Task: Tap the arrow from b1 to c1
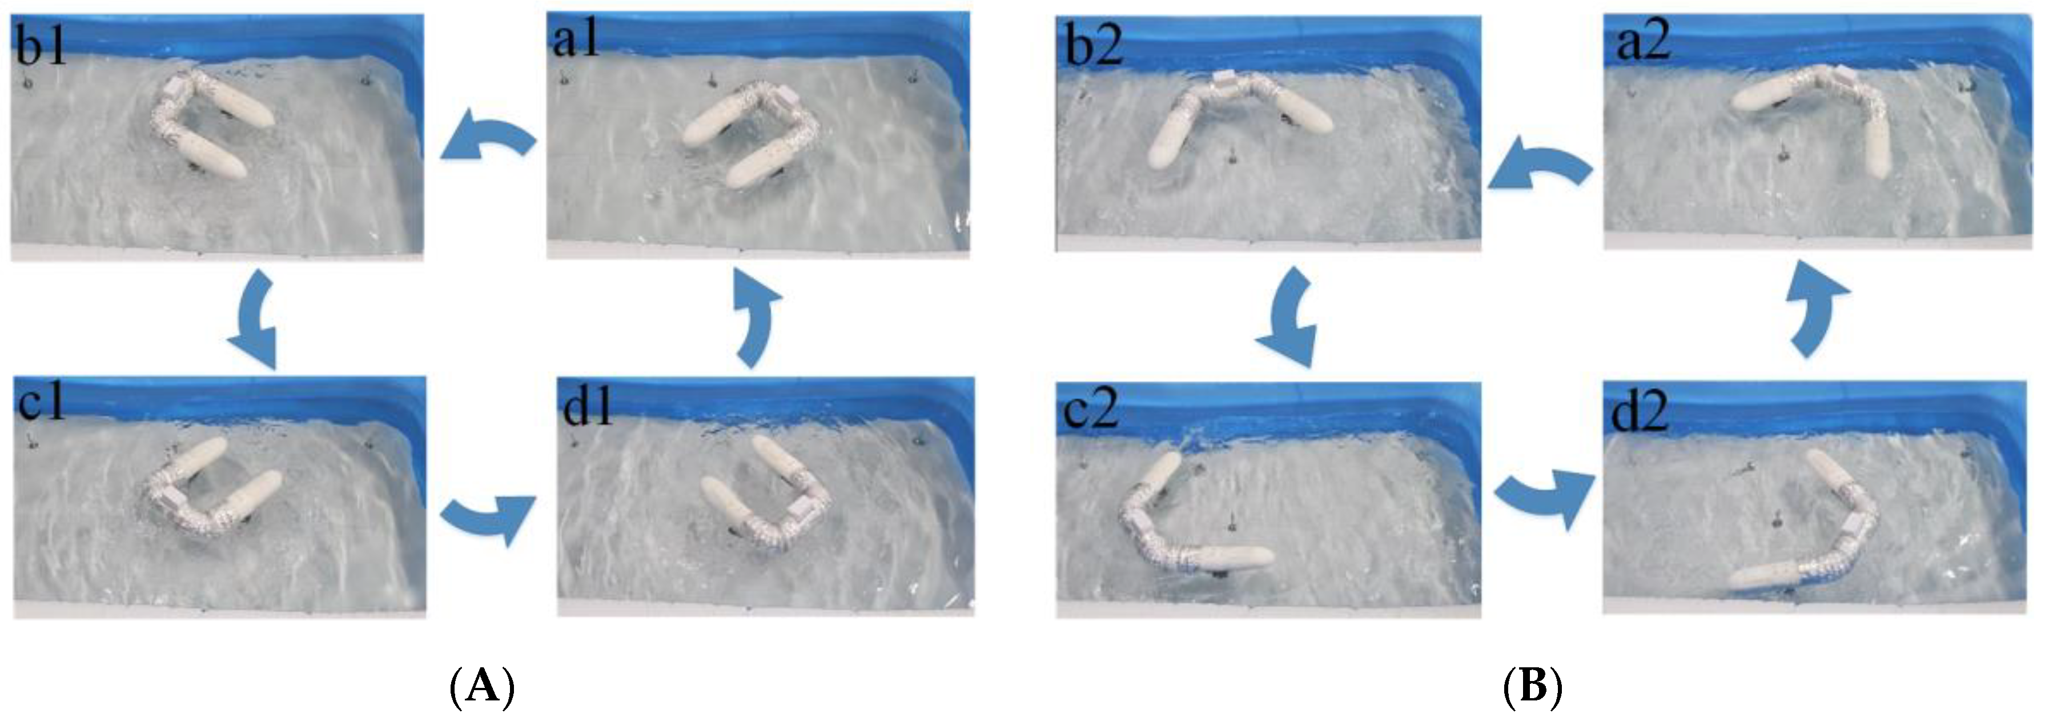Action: [256, 319]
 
